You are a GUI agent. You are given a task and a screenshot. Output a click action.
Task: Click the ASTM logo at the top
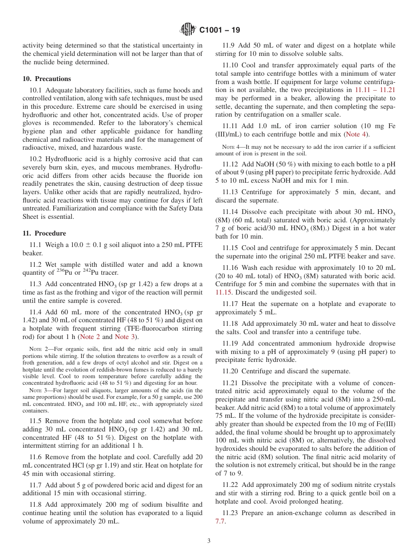(x=188, y=30)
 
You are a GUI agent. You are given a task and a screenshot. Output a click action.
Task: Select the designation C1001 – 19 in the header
(x=220, y=30)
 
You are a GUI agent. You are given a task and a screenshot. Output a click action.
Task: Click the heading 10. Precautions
(x=47, y=79)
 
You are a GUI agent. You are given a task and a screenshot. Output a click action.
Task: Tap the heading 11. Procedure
(x=44, y=233)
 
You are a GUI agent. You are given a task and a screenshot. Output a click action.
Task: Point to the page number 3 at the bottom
(x=209, y=541)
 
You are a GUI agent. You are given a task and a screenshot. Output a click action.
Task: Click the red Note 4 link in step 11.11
(x=357, y=134)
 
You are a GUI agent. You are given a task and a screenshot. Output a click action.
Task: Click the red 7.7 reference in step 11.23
(x=220, y=521)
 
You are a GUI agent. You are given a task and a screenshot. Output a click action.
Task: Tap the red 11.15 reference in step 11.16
(x=223, y=291)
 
